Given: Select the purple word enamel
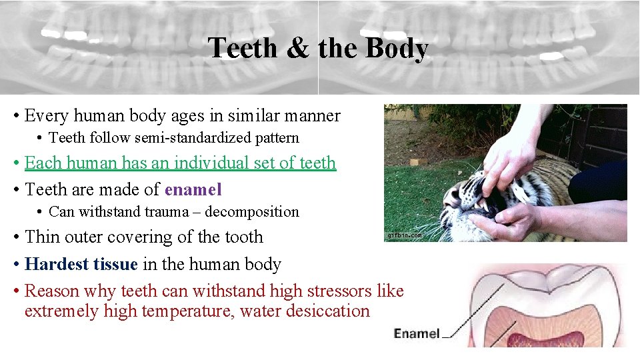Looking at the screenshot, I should pos(193,189).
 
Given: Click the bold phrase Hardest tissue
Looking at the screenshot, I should pos(81,264).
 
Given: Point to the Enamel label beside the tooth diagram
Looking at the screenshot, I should pos(417,333).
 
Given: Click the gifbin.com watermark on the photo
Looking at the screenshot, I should pos(403,235).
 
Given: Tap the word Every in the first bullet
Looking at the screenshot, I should pos(47,115).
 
